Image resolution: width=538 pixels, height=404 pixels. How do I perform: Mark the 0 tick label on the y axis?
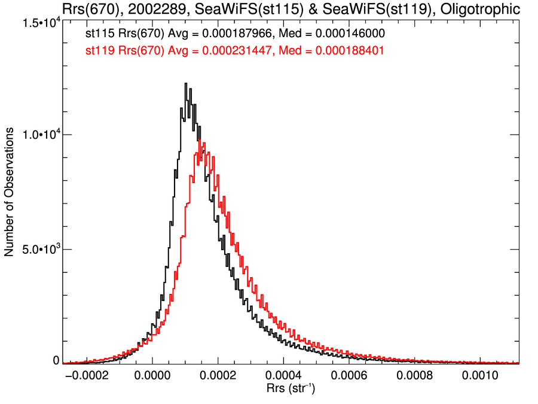coord(56,360)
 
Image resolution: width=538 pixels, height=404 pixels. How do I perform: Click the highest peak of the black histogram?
coord(186,84)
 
